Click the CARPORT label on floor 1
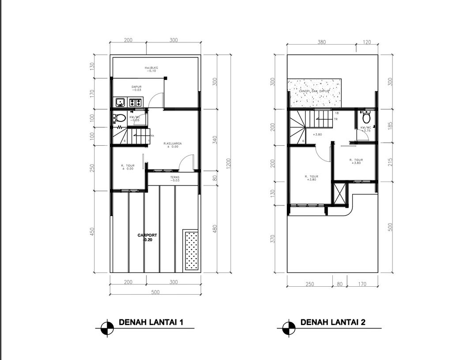pos(147,235)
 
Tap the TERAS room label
pos(175,177)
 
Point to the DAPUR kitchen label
pos(136,87)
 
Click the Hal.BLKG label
pos(151,68)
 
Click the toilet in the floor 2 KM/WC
pos(365,118)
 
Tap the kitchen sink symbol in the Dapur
pos(120,102)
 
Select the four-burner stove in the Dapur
pos(136,102)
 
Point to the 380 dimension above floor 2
pos(322,42)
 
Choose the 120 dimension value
pos(367,42)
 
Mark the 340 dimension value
pos(215,140)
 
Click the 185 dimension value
pos(389,125)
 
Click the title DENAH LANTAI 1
pos(151,322)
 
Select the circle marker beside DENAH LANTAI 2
pos(287,327)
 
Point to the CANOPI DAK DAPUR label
pos(315,91)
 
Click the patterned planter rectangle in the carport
pos(191,250)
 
